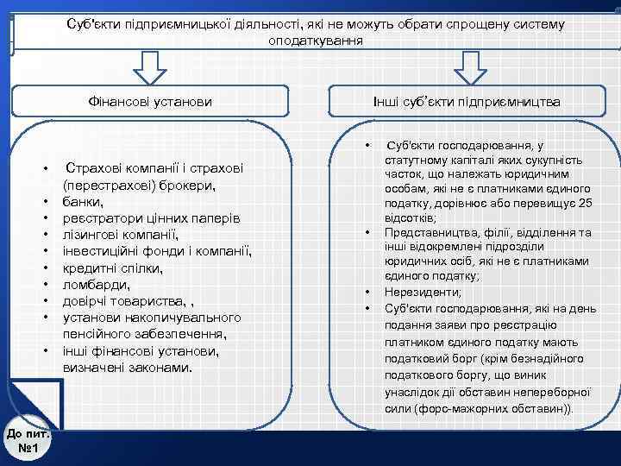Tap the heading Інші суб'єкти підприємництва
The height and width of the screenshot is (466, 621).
467,102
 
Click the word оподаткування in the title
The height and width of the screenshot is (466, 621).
316,41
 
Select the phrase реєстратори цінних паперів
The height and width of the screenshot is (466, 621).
151,217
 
